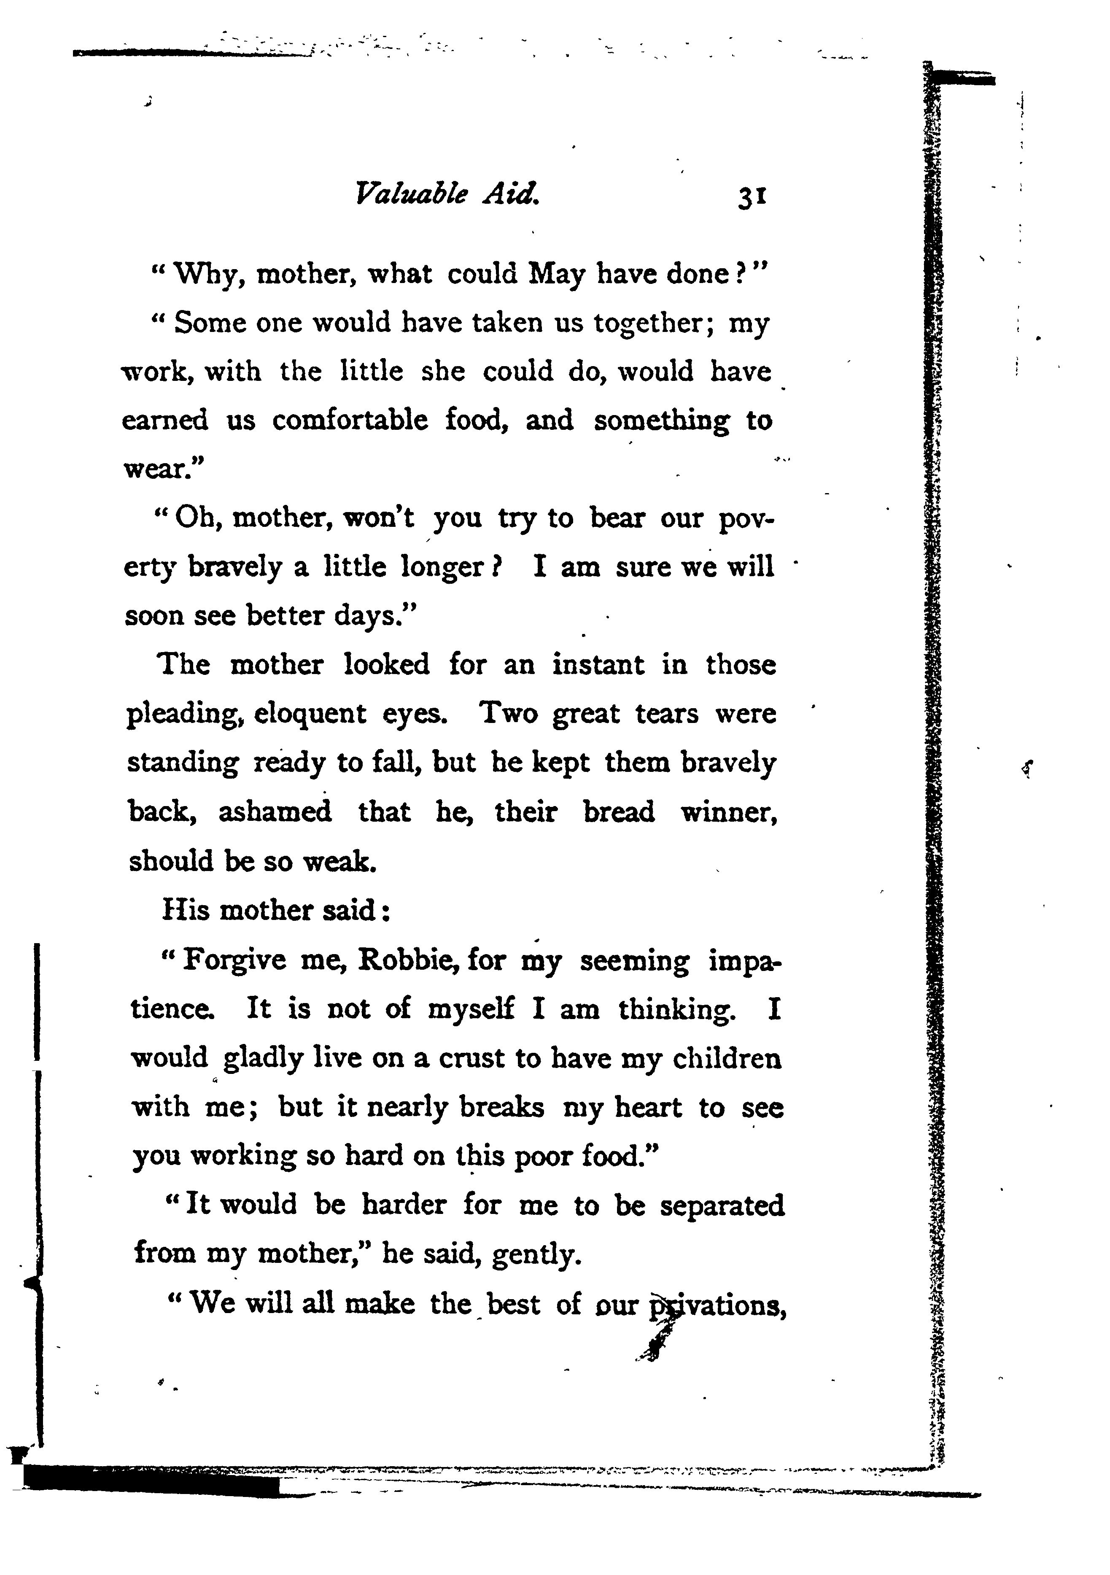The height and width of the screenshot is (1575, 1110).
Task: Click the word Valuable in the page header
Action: pyautogui.click(x=411, y=195)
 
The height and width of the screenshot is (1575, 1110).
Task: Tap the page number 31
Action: pyautogui.click(x=752, y=197)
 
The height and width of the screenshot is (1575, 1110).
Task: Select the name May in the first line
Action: pyautogui.click(x=556, y=275)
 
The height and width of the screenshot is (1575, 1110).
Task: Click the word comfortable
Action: pyautogui.click(x=350, y=420)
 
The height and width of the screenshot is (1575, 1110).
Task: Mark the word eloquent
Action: pyautogui.click(x=310, y=714)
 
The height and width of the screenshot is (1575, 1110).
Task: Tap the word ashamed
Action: pyautogui.click(x=275, y=812)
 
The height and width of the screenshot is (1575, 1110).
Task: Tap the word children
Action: pyautogui.click(x=727, y=1058)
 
